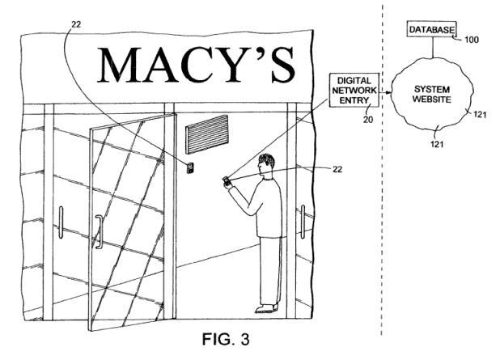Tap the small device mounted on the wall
click(x=189, y=167)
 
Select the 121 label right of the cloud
click(x=481, y=115)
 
